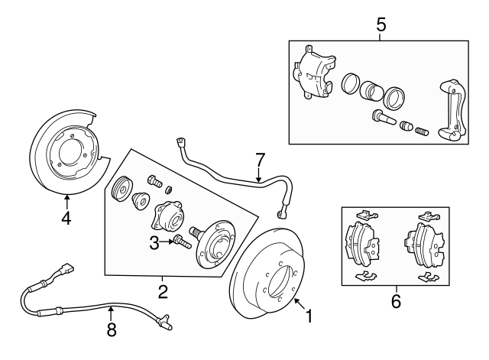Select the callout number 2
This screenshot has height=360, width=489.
pyautogui.click(x=162, y=290)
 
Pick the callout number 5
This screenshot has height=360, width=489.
pyautogui.click(x=381, y=24)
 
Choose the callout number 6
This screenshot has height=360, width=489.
pyautogui.click(x=395, y=301)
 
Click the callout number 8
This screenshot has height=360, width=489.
pyautogui.click(x=111, y=330)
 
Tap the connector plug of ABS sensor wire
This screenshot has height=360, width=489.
pyautogui.click(x=65, y=270)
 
